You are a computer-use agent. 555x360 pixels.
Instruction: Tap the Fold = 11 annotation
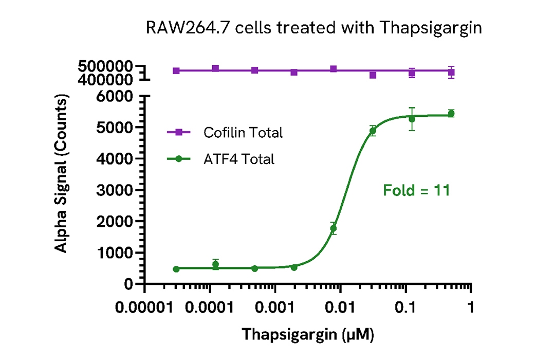(x=417, y=191)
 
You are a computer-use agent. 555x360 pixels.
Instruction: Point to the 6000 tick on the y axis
(x=116, y=96)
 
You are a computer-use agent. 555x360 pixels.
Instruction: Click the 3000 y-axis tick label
(x=116, y=190)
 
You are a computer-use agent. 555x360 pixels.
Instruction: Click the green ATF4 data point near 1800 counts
(x=334, y=228)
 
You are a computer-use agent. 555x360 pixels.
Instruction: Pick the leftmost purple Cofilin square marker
(x=176, y=70)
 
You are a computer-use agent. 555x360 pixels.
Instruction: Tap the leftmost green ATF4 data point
(x=176, y=269)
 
